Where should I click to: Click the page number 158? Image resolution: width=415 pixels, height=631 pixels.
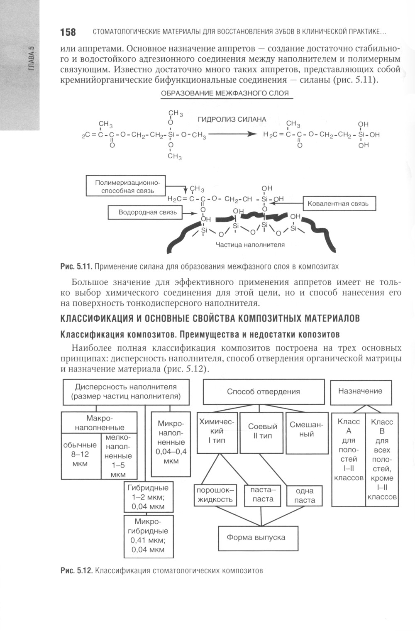tap(68, 32)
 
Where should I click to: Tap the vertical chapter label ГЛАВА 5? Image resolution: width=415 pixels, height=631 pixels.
tap(32, 59)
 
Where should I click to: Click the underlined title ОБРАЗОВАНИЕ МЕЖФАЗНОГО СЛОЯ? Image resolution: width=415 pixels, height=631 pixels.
tap(225, 93)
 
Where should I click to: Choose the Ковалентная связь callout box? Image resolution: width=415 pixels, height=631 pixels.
tap(338, 204)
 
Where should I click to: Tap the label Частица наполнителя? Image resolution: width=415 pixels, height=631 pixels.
tap(250, 245)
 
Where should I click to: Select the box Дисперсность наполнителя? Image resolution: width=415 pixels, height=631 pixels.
tap(126, 391)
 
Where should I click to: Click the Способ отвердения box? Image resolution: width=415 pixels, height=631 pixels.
tap(263, 391)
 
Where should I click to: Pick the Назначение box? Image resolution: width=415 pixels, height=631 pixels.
tap(360, 391)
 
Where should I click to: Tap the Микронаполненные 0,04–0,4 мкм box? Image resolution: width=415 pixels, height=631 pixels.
tap(171, 443)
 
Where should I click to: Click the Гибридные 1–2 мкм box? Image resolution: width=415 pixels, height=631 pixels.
tap(148, 496)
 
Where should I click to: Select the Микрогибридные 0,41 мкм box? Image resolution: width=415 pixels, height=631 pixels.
tap(148, 536)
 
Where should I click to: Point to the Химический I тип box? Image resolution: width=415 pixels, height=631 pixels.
tap(217, 432)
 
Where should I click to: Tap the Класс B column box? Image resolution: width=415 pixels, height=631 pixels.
tap(382, 459)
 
